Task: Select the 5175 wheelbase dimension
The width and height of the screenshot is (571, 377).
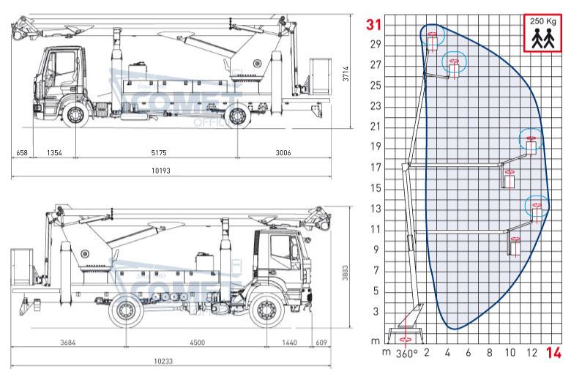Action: coord(158,153)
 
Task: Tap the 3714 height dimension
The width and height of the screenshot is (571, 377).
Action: coord(346,73)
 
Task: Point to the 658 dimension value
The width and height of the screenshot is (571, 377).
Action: coord(21,153)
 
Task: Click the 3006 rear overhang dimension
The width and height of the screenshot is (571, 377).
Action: coord(283,153)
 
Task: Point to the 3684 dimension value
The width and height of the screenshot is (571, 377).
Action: coord(67,342)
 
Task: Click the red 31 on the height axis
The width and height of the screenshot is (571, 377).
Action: coord(374,25)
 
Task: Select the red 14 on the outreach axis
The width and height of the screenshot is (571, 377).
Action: coord(553,354)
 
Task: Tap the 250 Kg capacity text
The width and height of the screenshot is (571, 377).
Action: coord(542,22)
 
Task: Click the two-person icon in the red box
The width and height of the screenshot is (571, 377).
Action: coord(542,38)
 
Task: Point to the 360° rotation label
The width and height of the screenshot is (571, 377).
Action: coord(406,354)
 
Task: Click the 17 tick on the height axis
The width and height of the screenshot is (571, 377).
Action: coord(376,168)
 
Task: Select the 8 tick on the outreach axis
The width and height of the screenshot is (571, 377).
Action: coord(489,353)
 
